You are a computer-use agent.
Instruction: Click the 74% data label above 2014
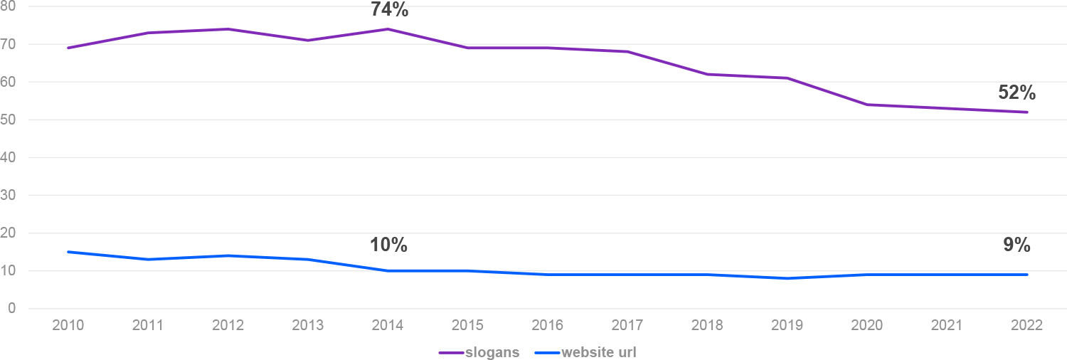[x=389, y=10]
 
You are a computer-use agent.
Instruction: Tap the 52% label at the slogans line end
[x=1016, y=93]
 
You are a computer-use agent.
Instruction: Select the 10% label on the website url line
[x=388, y=245]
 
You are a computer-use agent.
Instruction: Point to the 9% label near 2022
[x=1016, y=245]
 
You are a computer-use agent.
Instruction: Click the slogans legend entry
[x=479, y=352]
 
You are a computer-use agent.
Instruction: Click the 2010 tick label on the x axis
[x=68, y=326]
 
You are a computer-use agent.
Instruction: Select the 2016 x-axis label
[x=548, y=326]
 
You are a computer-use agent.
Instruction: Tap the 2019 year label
[x=787, y=326]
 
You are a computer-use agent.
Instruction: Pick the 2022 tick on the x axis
[x=1027, y=326]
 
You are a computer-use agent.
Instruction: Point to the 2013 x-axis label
[x=308, y=326]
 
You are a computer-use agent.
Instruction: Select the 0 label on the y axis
[x=11, y=309]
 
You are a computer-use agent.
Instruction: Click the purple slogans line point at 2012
[x=228, y=29]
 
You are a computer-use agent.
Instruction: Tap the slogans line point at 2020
[x=867, y=105]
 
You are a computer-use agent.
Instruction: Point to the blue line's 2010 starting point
[x=68, y=252]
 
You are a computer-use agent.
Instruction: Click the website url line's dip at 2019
[x=787, y=278]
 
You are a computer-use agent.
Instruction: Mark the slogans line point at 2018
[x=708, y=74]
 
